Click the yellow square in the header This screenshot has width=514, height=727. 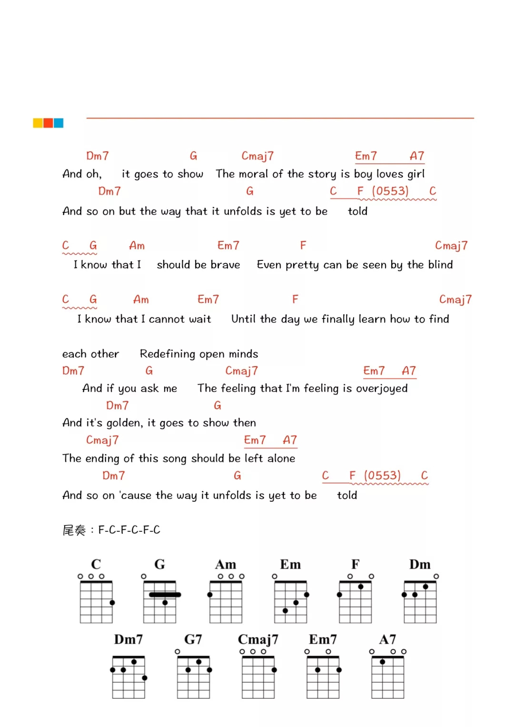[x=38, y=123]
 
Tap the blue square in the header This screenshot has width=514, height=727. [x=59, y=123]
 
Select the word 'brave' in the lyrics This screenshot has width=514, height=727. [x=225, y=265]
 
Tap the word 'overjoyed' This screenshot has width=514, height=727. [x=382, y=388]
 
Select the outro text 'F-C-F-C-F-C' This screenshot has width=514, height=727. [x=129, y=530]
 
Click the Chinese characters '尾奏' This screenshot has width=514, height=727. [x=74, y=530]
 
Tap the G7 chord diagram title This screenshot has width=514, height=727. [x=193, y=639]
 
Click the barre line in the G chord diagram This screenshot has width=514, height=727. [x=165, y=595]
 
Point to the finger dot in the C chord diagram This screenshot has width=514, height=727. [x=112, y=603]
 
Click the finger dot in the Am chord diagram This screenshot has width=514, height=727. [x=210, y=595]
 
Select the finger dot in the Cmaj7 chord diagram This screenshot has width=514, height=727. [x=274, y=670]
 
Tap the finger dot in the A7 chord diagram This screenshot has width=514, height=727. [x=382, y=662]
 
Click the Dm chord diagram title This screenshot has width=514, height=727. [x=420, y=565]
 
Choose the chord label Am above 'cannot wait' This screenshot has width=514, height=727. [x=141, y=299]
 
